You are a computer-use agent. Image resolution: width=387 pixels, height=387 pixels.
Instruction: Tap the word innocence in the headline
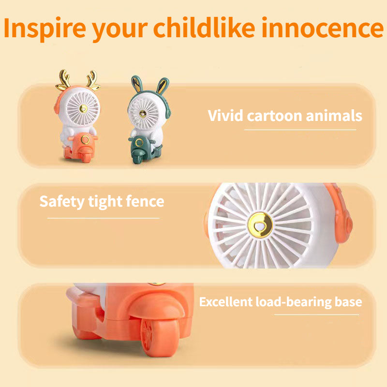coord(327,29)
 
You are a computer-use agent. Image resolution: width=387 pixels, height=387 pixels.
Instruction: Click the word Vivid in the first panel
coord(225,116)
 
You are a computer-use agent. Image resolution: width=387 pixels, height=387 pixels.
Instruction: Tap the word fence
coord(143,201)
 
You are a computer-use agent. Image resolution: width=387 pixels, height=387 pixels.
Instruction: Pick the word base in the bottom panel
coord(348,302)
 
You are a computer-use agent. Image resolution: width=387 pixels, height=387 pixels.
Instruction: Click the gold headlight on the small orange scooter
coord(86,140)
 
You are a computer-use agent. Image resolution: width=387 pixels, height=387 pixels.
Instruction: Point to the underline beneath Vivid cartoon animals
coord(300,130)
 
